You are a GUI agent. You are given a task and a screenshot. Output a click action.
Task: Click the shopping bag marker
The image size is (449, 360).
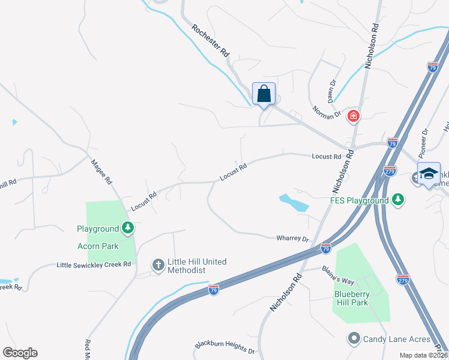[x=264, y=94]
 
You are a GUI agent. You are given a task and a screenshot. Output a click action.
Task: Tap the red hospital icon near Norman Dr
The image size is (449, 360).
[x=354, y=115]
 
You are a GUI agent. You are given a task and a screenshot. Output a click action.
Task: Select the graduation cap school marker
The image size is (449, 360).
[x=429, y=173]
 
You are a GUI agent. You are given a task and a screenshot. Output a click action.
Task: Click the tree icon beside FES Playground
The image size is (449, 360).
[x=397, y=200]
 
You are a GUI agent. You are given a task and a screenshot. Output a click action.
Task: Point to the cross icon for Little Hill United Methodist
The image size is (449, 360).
[x=158, y=265]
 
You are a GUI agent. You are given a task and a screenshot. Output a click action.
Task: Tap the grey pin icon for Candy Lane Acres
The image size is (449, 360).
[x=354, y=339]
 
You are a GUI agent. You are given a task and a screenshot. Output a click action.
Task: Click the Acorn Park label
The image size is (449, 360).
[x=98, y=246]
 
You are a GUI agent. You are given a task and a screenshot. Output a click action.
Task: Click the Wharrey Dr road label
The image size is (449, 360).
[x=292, y=238]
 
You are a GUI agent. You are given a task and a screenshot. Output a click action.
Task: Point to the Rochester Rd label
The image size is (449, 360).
[x=211, y=41]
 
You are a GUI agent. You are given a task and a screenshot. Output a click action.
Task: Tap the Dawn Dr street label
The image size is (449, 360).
[x=331, y=88]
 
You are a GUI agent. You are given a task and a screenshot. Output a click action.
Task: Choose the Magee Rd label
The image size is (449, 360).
[x=101, y=172]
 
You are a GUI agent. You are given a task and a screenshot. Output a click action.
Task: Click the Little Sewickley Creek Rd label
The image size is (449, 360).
[x=94, y=265]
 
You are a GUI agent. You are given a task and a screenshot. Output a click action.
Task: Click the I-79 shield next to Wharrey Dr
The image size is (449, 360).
[x=325, y=247]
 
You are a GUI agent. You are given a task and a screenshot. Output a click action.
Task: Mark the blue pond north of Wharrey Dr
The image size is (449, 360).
[x=294, y=203]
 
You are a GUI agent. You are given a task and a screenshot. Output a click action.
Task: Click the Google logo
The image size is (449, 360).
[x=20, y=353]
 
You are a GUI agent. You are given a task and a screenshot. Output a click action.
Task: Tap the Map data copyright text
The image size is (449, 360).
[x=423, y=355]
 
